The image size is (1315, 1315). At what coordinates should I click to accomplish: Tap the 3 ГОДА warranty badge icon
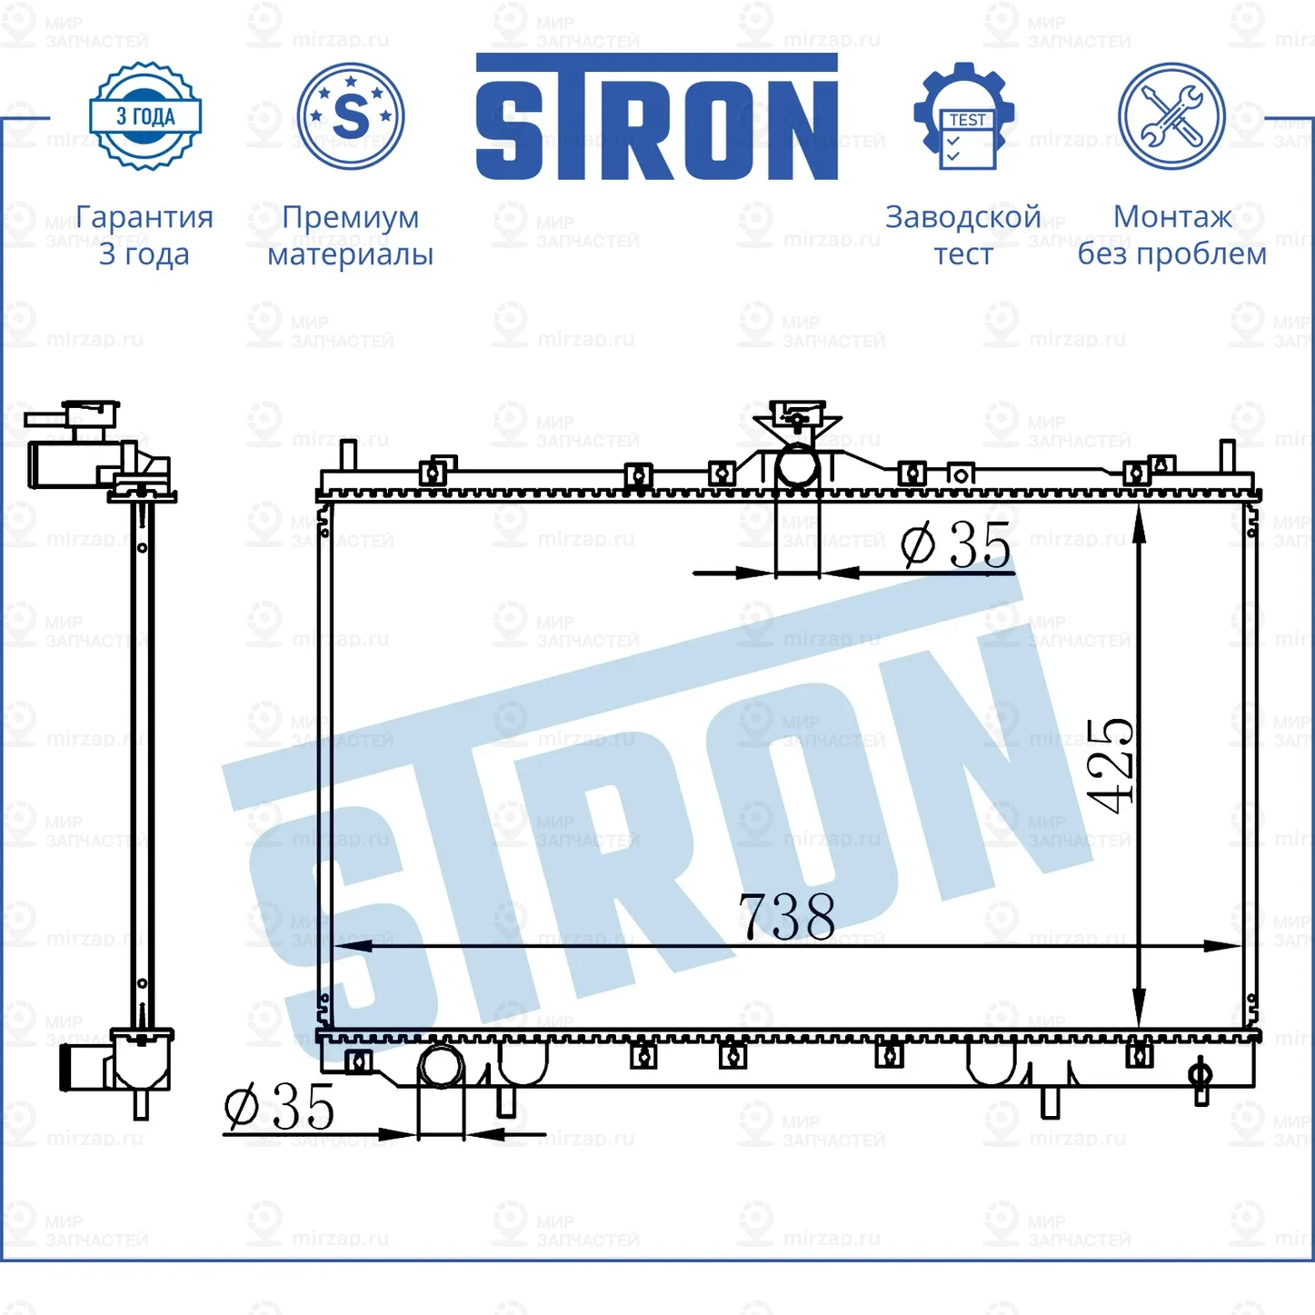(145, 116)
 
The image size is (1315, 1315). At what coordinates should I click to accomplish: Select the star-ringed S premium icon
(351, 116)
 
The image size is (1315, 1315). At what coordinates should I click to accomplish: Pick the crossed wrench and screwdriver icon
(1171, 116)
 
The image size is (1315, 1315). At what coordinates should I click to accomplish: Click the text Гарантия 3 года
(144, 235)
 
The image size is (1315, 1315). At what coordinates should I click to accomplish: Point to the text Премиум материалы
(350, 235)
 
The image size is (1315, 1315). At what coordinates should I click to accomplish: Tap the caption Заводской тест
(963, 235)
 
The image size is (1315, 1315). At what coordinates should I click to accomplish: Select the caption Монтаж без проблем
(1171, 235)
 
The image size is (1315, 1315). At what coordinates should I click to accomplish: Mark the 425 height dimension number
(1111, 764)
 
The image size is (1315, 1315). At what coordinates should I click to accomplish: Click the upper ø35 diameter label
(956, 545)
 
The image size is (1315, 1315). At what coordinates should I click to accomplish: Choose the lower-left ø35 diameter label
(280, 1107)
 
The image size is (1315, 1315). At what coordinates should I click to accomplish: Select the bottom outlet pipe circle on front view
(441, 1066)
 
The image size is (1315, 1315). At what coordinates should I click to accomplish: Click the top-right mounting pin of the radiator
(1226, 454)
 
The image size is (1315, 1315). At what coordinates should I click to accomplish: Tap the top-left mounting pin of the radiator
(346, 453)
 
